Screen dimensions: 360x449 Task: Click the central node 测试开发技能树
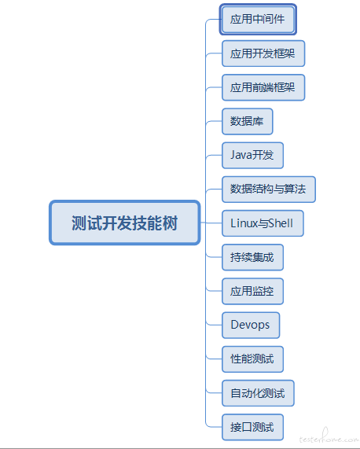pyautogui.click(x=124, y=223)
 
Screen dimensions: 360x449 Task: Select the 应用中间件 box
pyautogui.click(x=258, y=19)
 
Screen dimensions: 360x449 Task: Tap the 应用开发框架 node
pyautogui.click(x=263, y=53)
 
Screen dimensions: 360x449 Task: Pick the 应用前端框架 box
pyautogui.click(x=263, y=87)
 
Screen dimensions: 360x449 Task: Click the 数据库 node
pyautogui.click(x=248, y=121)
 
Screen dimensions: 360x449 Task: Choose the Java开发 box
pyautogui.click(x=252, y=155)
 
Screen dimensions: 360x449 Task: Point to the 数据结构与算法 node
pyautogui.click(x=269, y=190)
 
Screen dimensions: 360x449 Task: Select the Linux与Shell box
pyautogui.click(x=263, y=223)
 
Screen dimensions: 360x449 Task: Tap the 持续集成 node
pyautogui.click(x=252, y=257)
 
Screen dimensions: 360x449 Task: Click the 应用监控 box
pyautogui.click(x=252, y=291)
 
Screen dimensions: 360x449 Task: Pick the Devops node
pyautogui.click(x=251, y=325)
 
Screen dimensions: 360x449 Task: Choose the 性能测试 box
pyautogui.click(x=252, y=359)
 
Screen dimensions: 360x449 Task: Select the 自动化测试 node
pyautogui.click(x=258, y=393)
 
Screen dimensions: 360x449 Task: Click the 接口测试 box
pyautogui.click(x=252, y=427)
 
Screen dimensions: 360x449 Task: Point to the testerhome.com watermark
pyautogui.click(x=329, y=437)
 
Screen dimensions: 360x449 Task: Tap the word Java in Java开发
pyautogui.click(x=241, y=155)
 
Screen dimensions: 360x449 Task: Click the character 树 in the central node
pyautogui.click(x=171, y=223)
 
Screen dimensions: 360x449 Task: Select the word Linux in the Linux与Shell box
pyautogui.click(x=244, y=223)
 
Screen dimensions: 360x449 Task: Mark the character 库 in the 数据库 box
pyautogui.click(x=258, y=121)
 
